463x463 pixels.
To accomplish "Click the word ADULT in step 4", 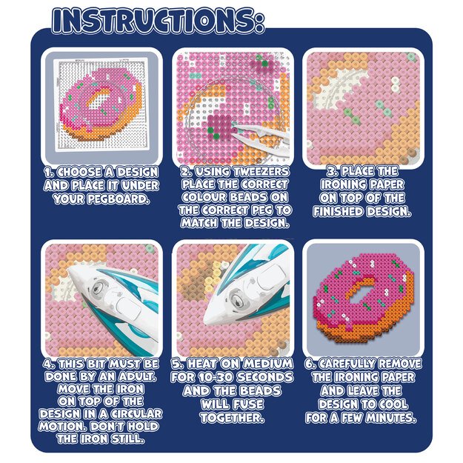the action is point(138,376).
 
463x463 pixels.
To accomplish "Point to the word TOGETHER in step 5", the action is point(232,418).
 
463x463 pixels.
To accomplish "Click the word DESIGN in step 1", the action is point(138,172).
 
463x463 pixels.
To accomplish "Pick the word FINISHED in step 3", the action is point(339,211).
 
